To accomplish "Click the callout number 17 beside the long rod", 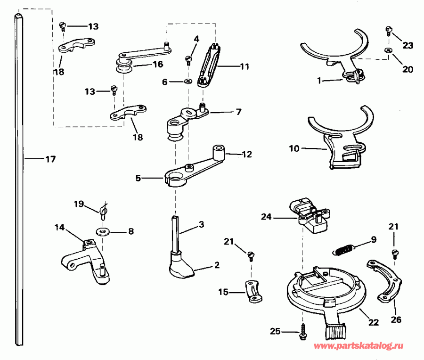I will (50, 159).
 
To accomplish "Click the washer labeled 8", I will (101, 231).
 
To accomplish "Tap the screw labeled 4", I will (189, 59).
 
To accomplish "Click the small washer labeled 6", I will (188, 82).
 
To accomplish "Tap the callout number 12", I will (246, 154).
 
